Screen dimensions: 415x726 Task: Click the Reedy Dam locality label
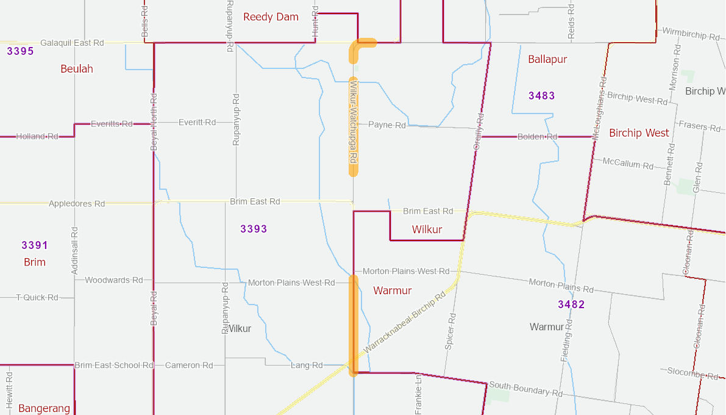click(271, 16)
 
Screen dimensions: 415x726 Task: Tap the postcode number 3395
click(20, 51)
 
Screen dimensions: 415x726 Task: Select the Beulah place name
click(77, 68)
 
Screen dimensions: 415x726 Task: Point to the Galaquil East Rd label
click(72, 43)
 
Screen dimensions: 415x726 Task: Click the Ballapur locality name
click(547, 59)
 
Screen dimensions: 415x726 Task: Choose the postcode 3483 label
click(541, 95)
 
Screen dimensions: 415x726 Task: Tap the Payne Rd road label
click(387, 125)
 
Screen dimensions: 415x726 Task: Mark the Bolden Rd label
click(537, 137)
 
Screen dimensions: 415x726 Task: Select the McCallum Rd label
click(627, 163)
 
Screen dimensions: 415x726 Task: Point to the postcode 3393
click(254, 229)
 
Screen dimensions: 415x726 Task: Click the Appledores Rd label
click(77, 204)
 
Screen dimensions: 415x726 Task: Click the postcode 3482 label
click(571, 304)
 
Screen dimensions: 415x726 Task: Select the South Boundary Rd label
click(525, 389)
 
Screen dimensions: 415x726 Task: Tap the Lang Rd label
click(307, 365)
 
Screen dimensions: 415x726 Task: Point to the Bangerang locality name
click(44, 408)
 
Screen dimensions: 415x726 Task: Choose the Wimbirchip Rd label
click(690, 34)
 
